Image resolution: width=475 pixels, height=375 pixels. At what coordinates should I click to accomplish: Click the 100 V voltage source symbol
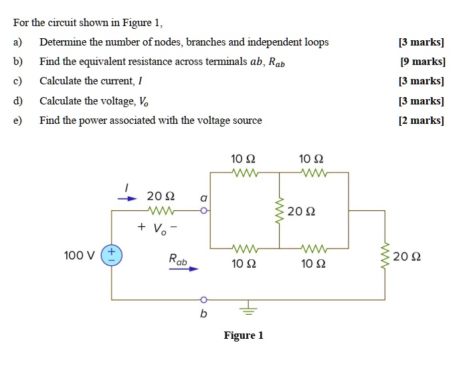pos(112,255)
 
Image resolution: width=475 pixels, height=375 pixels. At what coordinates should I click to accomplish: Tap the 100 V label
pos(79,255)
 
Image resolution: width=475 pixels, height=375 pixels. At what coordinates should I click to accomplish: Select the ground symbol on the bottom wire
pos(248,309)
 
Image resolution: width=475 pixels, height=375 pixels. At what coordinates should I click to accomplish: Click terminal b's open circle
pos(204,299)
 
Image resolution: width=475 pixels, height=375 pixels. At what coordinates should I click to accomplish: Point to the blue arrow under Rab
pos(184,269)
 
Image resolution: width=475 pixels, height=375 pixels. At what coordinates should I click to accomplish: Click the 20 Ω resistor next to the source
pos(161,211)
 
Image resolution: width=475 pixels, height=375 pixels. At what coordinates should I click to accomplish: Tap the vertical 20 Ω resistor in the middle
pos(280,211)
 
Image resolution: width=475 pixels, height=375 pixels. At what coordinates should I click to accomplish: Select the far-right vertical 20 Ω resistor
pos(385,256)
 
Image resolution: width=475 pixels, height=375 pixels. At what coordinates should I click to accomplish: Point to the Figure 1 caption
pos(244,335)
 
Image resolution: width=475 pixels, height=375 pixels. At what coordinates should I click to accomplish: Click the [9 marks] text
pos(422,62)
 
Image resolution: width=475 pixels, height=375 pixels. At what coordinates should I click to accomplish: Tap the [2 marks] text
pos(422,121)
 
